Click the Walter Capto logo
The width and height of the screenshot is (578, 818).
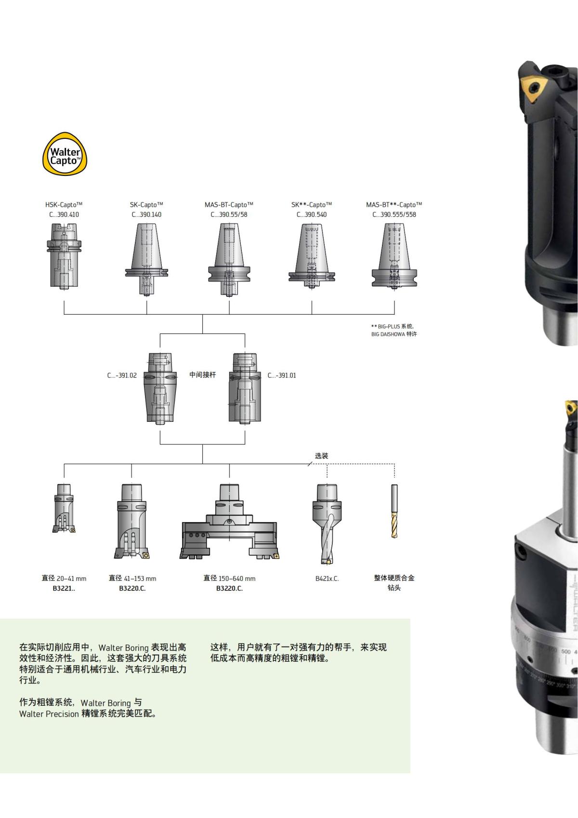point(66,153)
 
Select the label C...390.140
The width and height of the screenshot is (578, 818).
point(146,215)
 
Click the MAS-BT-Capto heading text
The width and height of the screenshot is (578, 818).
point(229,205)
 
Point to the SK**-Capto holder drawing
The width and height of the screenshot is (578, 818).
point(312,258)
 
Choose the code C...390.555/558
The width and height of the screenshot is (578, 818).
point(394,215)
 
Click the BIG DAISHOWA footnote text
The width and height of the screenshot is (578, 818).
point(394,334)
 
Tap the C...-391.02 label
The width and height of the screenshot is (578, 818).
point(122,375)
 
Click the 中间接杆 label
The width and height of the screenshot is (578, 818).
point(202,375)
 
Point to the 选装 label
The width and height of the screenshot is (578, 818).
point(321,456)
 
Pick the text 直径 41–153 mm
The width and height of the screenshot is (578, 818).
point(132,578)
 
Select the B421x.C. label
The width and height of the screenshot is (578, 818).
point(327,578)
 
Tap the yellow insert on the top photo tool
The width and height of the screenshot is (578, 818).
point(534,88)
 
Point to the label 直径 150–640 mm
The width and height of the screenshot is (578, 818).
point(229,578)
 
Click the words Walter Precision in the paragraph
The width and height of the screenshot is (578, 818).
point(49,714)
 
